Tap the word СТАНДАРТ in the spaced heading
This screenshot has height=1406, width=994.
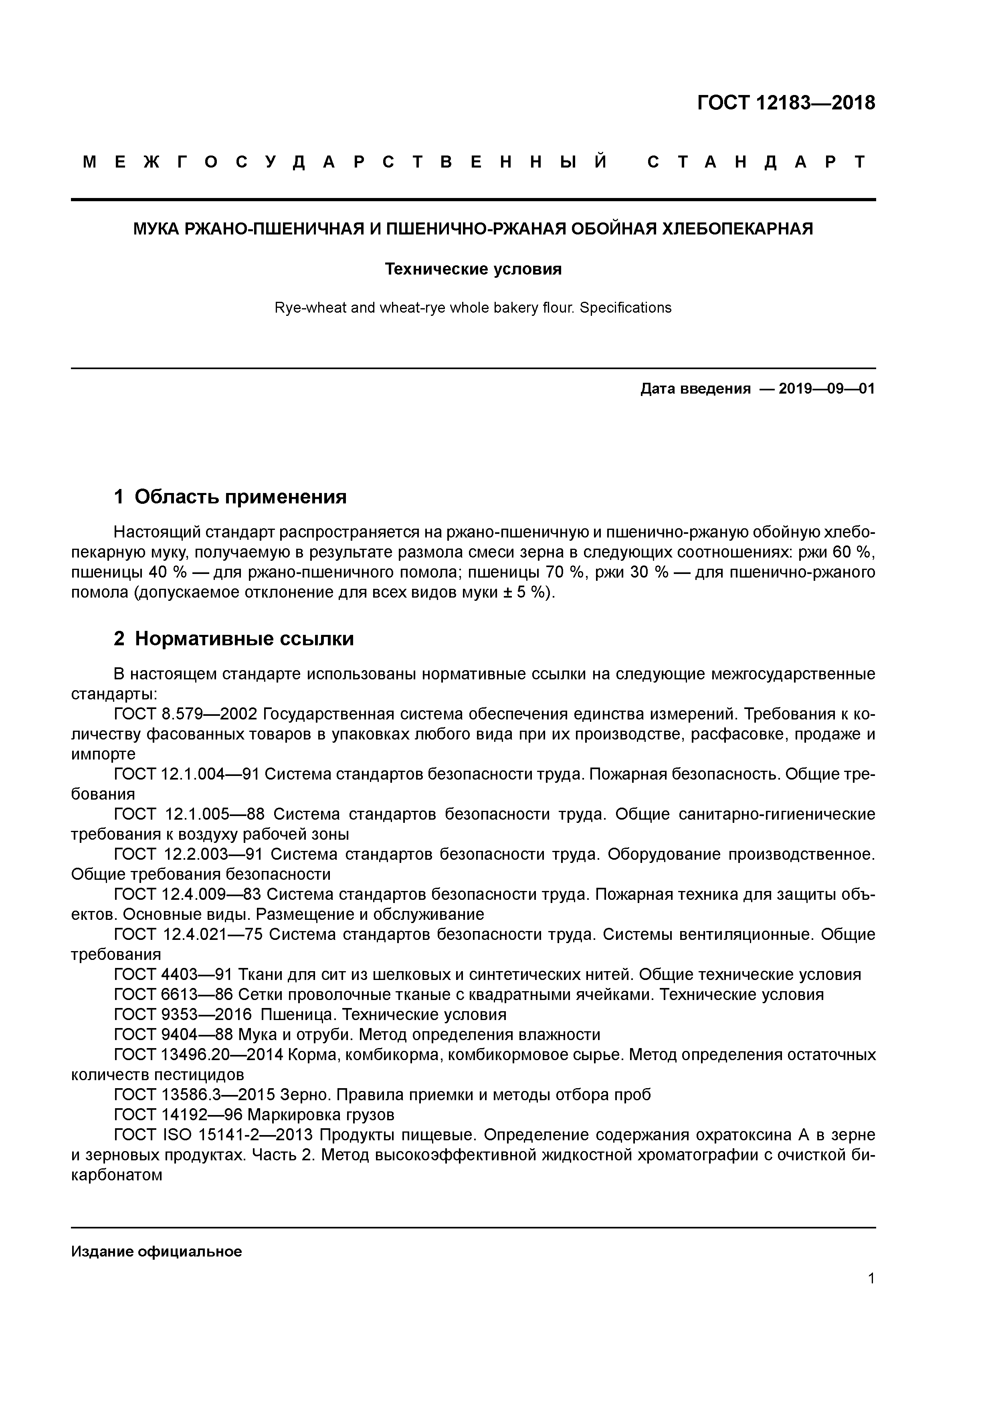(757, 162)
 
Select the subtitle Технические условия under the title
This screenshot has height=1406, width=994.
(473, 269)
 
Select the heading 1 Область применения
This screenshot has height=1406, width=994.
(230, 497)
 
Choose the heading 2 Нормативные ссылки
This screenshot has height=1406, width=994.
(234, 639)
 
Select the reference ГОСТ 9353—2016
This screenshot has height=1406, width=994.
(182, 1015)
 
